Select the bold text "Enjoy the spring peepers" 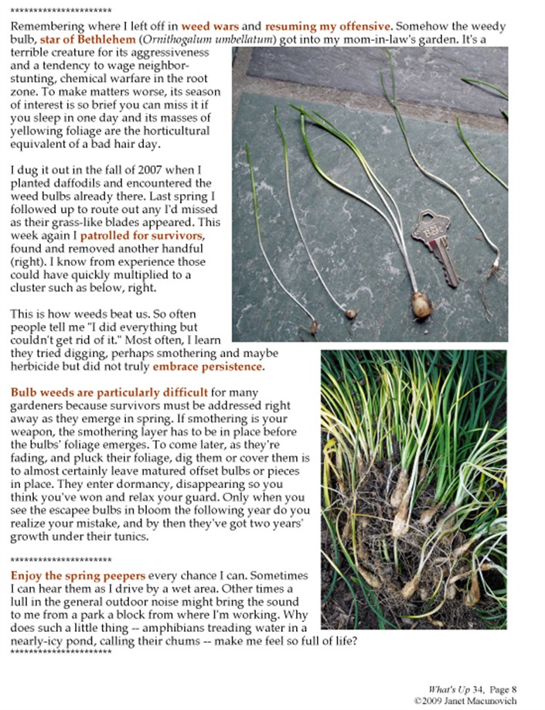point(77,576)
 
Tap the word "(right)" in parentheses point(26,261)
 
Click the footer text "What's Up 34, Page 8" point(472,688)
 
